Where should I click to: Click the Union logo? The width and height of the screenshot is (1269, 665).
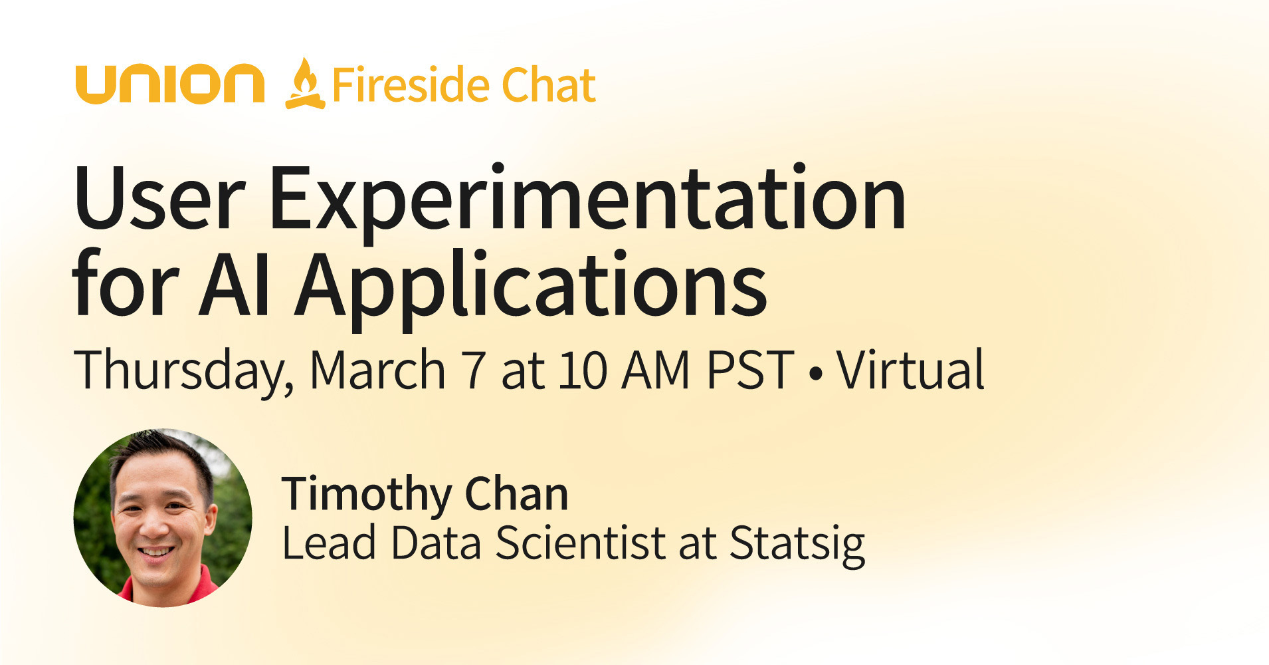point(170,84)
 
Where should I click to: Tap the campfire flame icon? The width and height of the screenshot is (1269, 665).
point(305,84)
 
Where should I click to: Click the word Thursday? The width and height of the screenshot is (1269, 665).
point(183,371)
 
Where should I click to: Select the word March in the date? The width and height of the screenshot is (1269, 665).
point(377,370)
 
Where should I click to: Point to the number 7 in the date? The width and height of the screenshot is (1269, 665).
point(474,370)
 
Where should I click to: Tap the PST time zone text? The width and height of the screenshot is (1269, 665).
point(750,370)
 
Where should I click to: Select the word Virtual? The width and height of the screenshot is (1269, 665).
point(910,370)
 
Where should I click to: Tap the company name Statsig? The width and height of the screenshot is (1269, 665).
point(797,544)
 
